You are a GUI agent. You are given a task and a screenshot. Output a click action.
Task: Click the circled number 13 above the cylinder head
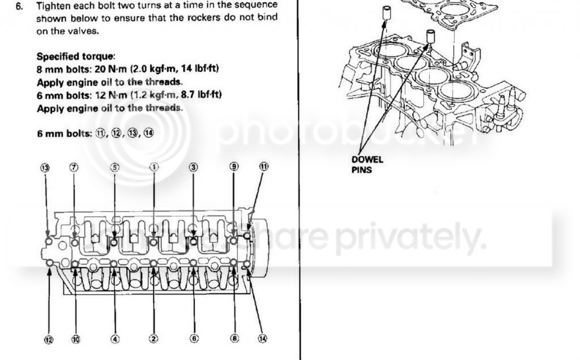tap(45, 168)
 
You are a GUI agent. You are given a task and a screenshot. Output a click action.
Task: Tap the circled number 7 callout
tap(74, 167)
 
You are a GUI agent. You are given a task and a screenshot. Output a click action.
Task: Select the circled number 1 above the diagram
tap(154, 167)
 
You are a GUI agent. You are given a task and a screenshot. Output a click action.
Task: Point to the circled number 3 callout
tap(194, 167)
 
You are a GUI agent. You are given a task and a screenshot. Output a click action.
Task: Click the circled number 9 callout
tap(234, 166)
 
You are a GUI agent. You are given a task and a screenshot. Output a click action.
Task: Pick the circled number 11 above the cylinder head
tap(263, 166)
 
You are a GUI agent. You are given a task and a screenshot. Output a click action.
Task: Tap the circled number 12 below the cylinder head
tap(49, 340)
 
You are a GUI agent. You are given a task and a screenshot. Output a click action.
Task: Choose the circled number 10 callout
tap(75, 339)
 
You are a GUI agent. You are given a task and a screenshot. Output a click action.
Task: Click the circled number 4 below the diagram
tap(116, 338)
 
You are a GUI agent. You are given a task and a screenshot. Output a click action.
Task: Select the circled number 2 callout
tap(153, 338)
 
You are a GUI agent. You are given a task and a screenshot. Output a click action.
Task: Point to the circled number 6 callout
tap(194, 338)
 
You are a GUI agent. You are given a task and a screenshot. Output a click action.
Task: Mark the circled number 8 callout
tap(234, 338)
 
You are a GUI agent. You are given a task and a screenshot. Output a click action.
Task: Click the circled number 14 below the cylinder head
tap(262, 338)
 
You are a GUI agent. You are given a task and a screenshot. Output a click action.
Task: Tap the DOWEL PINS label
tap(367, 165)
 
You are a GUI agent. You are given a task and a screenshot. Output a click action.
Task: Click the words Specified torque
tap(75, 57)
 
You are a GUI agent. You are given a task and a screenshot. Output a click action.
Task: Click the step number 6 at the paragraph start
tap(19, 6)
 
